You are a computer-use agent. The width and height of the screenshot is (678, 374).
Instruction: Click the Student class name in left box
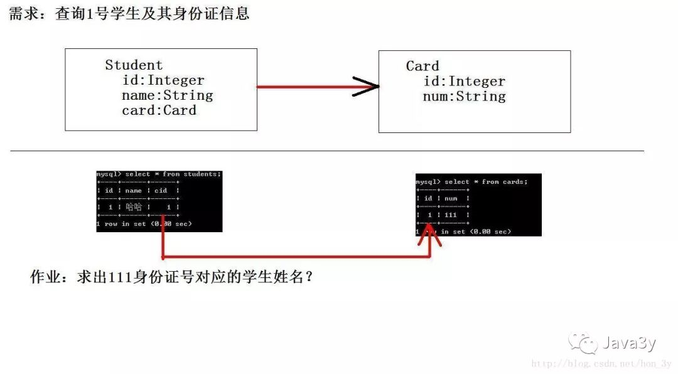point(133,65)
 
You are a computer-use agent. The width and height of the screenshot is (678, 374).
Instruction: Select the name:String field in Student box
point(167,95)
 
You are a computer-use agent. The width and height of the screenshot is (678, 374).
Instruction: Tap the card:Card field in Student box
point(159,110)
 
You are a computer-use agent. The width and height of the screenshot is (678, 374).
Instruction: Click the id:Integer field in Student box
point(163,80)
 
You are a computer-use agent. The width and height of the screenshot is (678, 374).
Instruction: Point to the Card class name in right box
point(422,66)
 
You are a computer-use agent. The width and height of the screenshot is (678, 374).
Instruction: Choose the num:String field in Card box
point(464,97)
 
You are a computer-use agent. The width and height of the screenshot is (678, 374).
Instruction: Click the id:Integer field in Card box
point(464,82)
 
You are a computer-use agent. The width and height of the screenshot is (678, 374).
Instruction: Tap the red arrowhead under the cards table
point(430,236)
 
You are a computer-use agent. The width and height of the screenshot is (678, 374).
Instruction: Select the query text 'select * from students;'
point(173,174)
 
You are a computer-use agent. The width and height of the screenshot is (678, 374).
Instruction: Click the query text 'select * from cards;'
point(486,181)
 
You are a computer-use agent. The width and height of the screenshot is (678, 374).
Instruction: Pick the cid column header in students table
point(161,190)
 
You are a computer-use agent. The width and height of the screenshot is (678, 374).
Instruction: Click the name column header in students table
point(133,190)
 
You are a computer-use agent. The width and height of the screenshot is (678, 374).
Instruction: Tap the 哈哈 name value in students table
point(134,206)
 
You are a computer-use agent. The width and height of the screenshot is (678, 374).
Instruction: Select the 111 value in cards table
point(450,215)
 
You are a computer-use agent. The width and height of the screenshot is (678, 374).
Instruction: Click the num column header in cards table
point(451,198)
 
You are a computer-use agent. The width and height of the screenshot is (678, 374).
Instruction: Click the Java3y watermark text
point(629,343)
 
